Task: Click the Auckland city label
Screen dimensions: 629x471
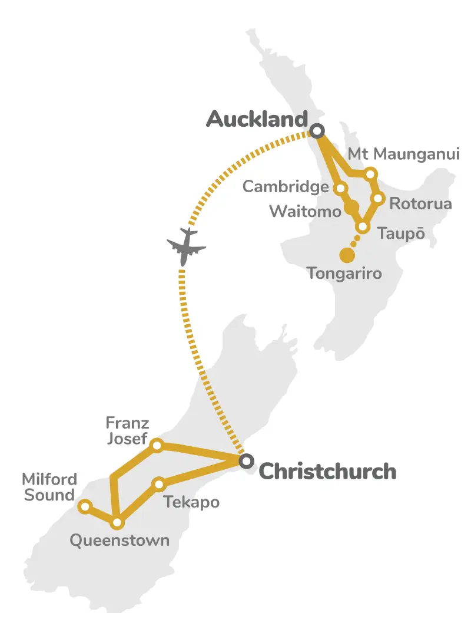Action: [x=257, y=120]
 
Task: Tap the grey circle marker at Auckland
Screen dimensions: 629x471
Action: [x=318, y=131]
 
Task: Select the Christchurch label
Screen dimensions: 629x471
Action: [x=327, y=472]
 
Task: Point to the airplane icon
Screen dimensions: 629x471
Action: [x=186, y=246]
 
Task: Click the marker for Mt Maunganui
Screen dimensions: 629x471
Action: [x=370, y=174]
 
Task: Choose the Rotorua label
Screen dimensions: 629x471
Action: [x=420, y=204]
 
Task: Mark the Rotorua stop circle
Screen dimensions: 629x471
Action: [x=379, y=198]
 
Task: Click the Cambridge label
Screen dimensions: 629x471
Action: [x=286, y=187]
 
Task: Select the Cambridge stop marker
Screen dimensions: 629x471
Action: [x=340, y=189]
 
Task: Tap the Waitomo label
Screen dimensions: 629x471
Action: [x=305, y=211]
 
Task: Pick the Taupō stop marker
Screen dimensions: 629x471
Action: [x=363, y=227]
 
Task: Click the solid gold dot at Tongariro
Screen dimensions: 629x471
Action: [x=347, y=255]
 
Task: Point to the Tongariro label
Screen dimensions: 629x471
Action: [x=344, y=274]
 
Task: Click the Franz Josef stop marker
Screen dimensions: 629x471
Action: [x=157, y=445]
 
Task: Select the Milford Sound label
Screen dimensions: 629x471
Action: [x=49, y=487]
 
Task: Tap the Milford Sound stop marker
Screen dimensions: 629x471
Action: [x=85, y=506]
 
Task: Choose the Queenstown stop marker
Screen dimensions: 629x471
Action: [x=117, y=522]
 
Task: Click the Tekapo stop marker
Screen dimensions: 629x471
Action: [x=158, y=485]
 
